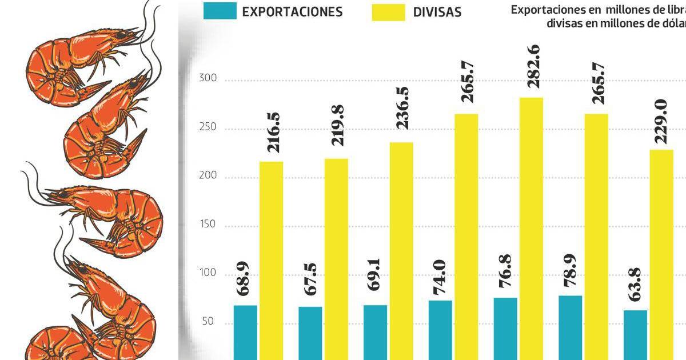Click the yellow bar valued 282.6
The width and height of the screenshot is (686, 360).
coord(531,229)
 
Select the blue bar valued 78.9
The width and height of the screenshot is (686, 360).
coord(571,327)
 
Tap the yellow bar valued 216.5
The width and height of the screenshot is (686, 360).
coord(272,261)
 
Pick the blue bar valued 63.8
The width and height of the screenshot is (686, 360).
coord(635,335)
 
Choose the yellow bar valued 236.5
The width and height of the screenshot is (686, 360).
coord(401,251)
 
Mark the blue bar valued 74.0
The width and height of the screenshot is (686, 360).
coord(440,330)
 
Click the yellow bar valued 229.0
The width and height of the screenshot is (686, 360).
coord(661,254)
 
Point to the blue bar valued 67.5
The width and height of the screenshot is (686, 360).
coord(310,333)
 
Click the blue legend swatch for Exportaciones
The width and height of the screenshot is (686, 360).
coord(220,11)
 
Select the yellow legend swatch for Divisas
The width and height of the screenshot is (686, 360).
coord(389,11)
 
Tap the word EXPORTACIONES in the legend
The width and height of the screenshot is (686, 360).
coord(292,11)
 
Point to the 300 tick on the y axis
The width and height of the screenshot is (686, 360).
coord(208,79)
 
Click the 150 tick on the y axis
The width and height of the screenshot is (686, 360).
coord(208,225)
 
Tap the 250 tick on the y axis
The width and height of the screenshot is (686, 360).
coord(208,127)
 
